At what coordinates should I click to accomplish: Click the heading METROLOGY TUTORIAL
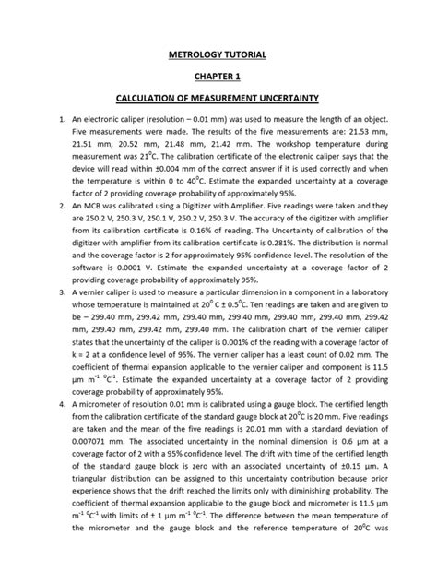click(x=219, y=56)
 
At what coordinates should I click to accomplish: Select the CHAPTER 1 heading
click(x=219, y=77)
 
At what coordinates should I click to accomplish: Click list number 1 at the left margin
click(x=39, y=120)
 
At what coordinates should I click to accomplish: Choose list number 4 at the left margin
click(x=39, y=404)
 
